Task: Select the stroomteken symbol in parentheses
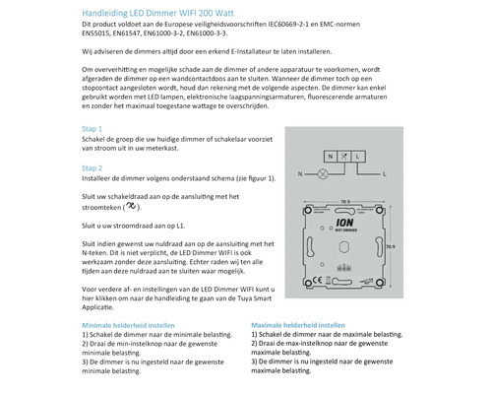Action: coord(130,235)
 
